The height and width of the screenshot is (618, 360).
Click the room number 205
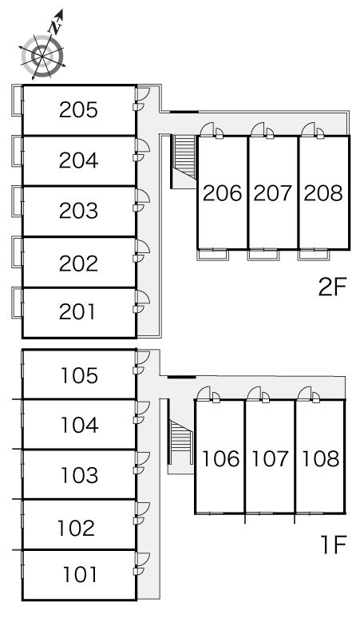[x=78, y=110]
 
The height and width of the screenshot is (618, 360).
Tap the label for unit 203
[x=78, y=211]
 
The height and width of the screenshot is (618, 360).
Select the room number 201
[x=77, y=311]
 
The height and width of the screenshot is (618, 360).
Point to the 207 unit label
[x=272, y=193]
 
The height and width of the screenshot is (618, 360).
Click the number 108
[x=320, y=459]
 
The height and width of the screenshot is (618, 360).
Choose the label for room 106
[x=220, y=459]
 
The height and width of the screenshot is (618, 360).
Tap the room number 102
[x=76, y=528]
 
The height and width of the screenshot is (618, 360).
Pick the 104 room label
[x=79, y=426]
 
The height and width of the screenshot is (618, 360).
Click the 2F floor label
[x=332, y=287]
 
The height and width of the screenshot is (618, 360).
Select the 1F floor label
[x=333, y=545]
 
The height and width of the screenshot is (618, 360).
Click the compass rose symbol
[x=42, y=57]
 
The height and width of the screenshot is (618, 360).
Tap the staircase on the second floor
[x=184, y=156]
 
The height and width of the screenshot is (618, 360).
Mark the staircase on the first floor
[x=180, y=436]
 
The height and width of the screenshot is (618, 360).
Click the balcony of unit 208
[x=314, y=255]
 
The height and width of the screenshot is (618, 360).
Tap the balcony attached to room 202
[x=17, y=252]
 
